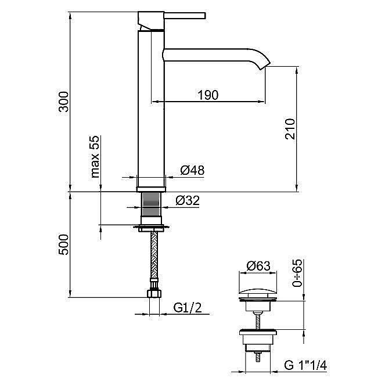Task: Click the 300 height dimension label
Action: [64, 102]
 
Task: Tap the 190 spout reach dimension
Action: [208, 95]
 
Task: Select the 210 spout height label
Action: [290, 129]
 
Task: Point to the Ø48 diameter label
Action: [192, 170]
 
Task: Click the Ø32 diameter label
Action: [188, 200]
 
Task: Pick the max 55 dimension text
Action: [95, 156]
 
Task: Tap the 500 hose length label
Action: [64, 244]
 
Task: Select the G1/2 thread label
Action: [188, 307]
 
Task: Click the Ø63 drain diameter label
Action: [258, 266]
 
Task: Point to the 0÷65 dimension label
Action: [297, 273]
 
